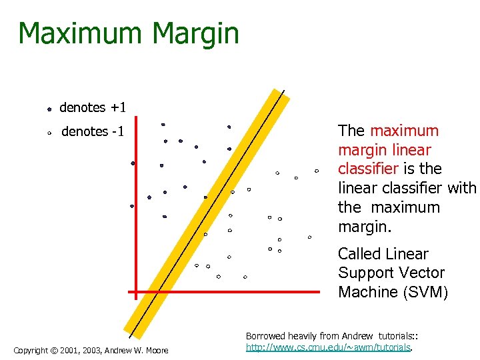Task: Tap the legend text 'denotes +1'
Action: [93, 107]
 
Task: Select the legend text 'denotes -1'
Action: [93, 131]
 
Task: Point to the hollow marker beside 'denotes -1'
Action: [50, 133]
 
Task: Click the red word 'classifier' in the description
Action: [365, 169]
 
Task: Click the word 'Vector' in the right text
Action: [421, 273]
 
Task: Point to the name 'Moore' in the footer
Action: [157, 351]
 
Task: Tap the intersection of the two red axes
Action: [136, 291]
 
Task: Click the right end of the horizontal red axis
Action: [319, 291]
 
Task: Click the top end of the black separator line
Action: [283, 91]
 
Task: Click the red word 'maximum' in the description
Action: [405, 131]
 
